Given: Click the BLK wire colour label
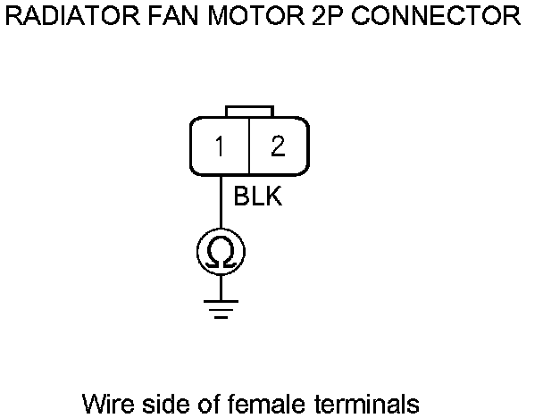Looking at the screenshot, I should (x=257, y=196).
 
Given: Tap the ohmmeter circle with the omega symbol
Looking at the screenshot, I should (x=221, y=253).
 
